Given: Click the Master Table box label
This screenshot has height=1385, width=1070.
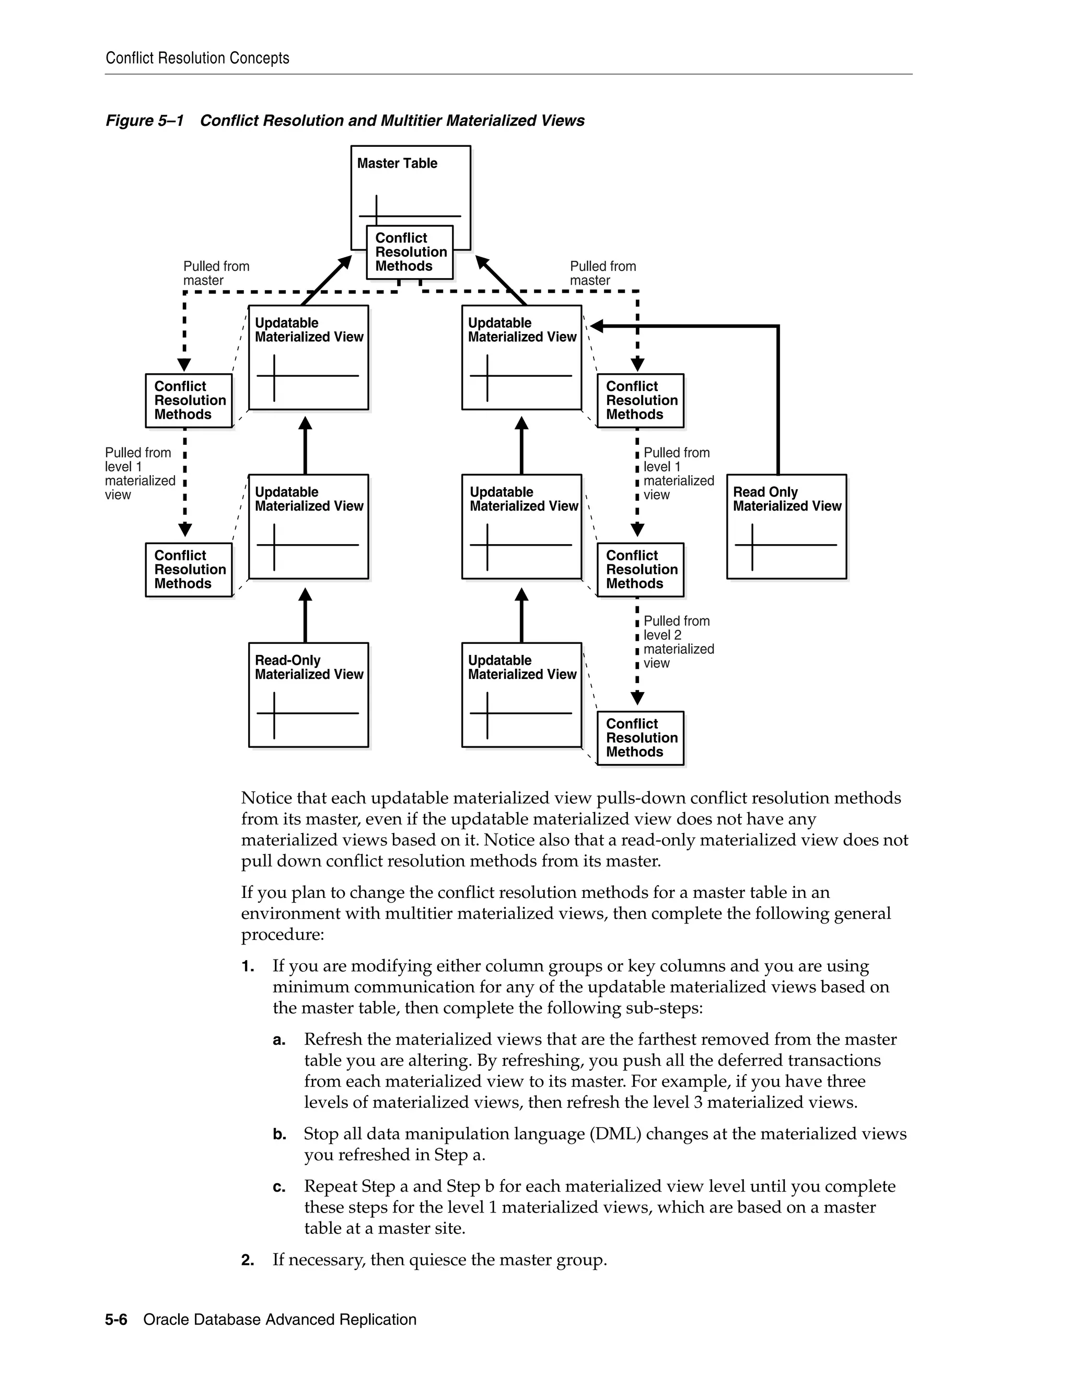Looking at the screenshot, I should coord(397,163).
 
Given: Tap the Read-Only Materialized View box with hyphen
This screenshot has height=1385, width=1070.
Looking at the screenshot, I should coord(308,695).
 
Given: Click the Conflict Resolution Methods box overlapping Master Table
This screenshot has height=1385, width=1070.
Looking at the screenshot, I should coord(410,252).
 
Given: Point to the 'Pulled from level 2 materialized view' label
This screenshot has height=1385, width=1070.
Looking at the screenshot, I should coord(678,642).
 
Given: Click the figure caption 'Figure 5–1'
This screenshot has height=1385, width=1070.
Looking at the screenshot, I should coord(145,121).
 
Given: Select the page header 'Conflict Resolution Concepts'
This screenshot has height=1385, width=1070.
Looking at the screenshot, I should coord(197,59).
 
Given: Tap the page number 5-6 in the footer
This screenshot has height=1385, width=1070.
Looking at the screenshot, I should coord(116,1320).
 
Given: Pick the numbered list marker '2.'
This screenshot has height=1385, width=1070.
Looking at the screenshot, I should coord(248,1260).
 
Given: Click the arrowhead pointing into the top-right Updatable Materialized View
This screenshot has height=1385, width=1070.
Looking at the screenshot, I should coord(596,327).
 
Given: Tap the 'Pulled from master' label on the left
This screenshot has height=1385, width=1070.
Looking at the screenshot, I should coord(216,273).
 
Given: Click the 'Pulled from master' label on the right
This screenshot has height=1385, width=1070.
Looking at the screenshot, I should coord(602,273).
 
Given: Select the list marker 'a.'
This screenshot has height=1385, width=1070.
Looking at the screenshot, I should coord(280,1040).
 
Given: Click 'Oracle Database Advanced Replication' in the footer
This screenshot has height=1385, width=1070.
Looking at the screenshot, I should coord(280,1320).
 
